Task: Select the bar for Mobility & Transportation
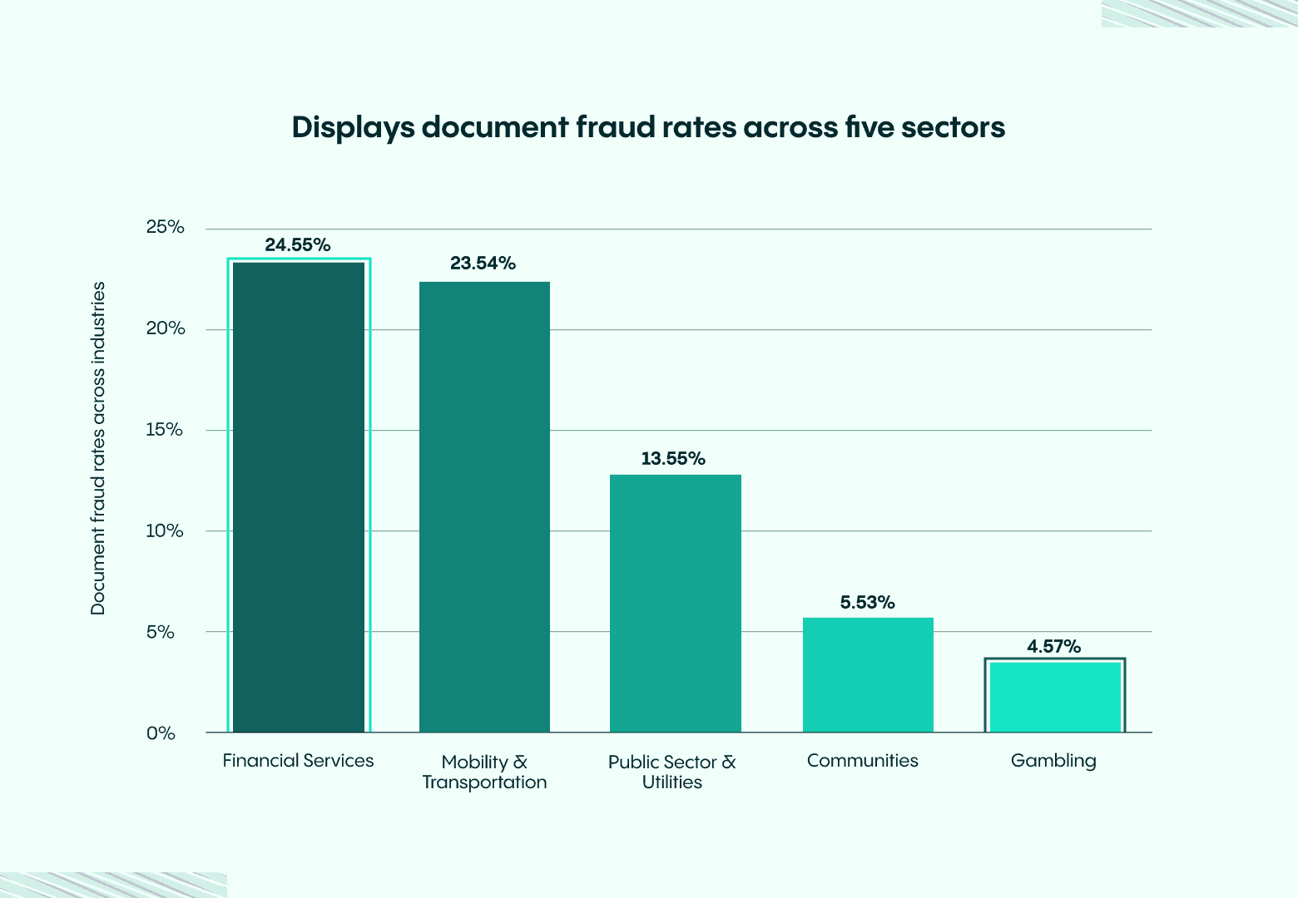(x=484, y=507)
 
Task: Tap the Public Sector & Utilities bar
(x=675, y=604)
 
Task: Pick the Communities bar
(x=868, y=675)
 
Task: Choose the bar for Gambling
(x=1055, y=697)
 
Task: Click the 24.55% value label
(x=298, y=244)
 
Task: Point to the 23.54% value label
(x=483, y=264)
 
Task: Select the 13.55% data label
(x=673, y=458)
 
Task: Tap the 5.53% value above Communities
(x=867, y=602)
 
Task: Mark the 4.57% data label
(x=1053, y=646)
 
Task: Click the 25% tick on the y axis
(x=165, y=228)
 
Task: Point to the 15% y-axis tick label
(x=165, y=430)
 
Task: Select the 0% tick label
(x=161, y=733)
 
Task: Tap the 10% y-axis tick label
(x=165, y=531)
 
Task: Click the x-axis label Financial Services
(x=298, y=761)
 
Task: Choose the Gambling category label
(x=1053, y=761)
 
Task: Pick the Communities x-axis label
(x=863, y=761)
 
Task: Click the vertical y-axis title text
(x=98, y=449)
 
